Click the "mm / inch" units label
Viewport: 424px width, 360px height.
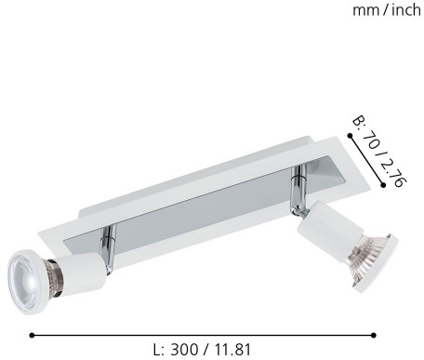pos(387,10)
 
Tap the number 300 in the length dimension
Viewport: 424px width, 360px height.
pos(184,350)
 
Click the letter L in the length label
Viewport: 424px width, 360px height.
pos(159,350)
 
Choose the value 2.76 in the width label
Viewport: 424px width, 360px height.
pos(392,173)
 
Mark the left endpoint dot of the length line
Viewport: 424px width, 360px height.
pos(32,335)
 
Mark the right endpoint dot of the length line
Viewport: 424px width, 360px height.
pos(374,335)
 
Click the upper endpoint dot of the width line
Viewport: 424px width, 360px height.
pos(350,136)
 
